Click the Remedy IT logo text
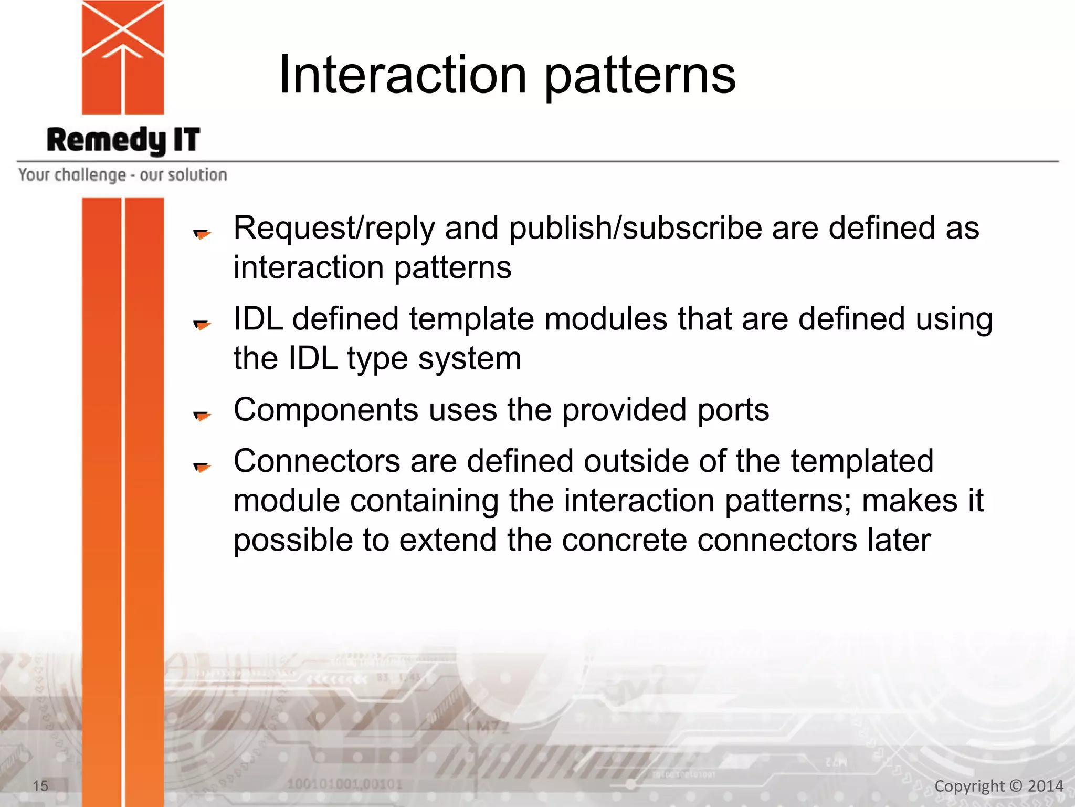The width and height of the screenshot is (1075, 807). [123, 140]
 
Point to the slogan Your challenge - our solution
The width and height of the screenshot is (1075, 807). [122, 175]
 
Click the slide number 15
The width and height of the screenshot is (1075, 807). [40, 786]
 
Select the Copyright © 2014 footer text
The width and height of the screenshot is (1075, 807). [998, 786]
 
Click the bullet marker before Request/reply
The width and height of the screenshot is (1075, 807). [202, 233]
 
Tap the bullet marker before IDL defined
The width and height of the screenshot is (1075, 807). [202, 325]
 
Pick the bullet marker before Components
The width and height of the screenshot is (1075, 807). [202, 416]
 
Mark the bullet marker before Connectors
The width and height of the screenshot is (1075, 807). [202, 466]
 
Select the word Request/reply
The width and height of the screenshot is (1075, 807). [334, 229]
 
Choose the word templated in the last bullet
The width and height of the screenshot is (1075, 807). [862, 461]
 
